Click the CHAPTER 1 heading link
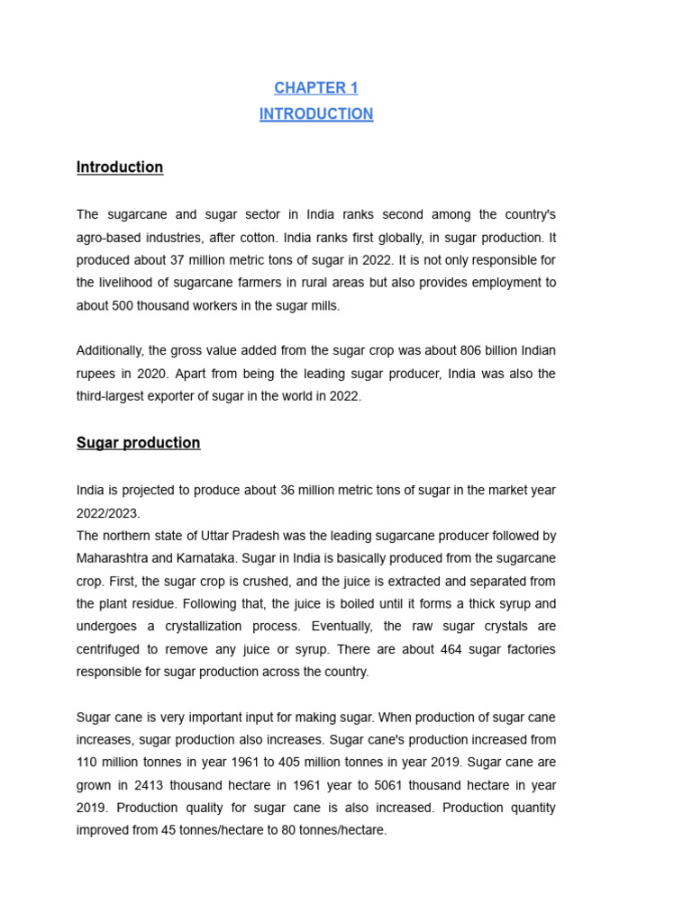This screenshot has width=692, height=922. click(x=316, y=87)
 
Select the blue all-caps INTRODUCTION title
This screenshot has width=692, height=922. click(x=316, y=114)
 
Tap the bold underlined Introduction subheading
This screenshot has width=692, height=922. click(x=120, y=167)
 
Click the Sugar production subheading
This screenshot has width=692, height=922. click(x=139, y=443)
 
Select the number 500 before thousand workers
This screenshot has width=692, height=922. click(x=123, y=305)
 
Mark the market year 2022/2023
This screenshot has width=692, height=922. click(x=109, y=512)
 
